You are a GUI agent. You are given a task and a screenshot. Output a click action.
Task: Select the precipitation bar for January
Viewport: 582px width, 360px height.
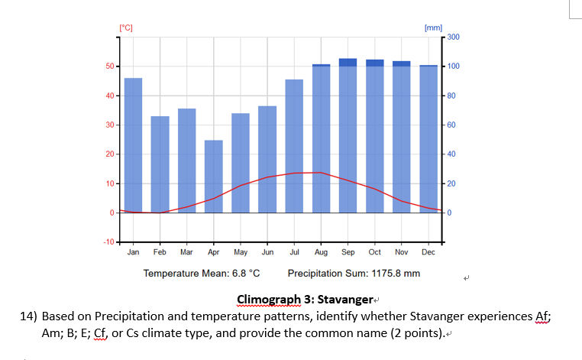click(133, 144)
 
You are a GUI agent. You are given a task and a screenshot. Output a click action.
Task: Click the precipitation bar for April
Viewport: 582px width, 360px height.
click(213, 176)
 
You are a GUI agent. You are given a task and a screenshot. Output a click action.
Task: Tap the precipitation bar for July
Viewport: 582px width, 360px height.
click(294, 145)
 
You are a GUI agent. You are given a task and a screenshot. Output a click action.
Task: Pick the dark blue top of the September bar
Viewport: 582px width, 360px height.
click(348, 62)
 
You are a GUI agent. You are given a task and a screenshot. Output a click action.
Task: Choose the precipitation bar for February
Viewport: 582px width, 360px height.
click(160, 164)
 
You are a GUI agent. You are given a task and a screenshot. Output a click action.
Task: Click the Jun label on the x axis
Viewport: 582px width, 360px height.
click(267, 251)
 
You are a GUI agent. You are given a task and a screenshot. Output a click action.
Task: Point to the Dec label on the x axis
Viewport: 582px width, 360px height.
click(428, 251)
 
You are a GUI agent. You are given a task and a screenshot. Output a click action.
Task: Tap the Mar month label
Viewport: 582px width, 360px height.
click(186, 251)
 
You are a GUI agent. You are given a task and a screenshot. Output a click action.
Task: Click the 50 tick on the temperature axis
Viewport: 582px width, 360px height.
click(110, 66)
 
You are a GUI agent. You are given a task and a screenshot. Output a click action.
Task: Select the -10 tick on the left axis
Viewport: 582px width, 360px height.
click(108, 242)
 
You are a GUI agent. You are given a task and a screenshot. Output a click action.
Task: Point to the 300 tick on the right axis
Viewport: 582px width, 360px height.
click(453, 37)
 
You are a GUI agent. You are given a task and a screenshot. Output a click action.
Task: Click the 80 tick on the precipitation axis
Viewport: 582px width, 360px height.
click(451, 96)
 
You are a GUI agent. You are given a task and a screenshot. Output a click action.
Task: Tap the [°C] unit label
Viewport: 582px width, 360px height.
click(126, 28)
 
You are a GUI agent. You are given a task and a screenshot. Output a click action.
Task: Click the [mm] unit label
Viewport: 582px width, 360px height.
click(433, 28)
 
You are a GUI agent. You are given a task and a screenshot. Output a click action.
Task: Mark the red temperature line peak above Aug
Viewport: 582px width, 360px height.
click(321, 173)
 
